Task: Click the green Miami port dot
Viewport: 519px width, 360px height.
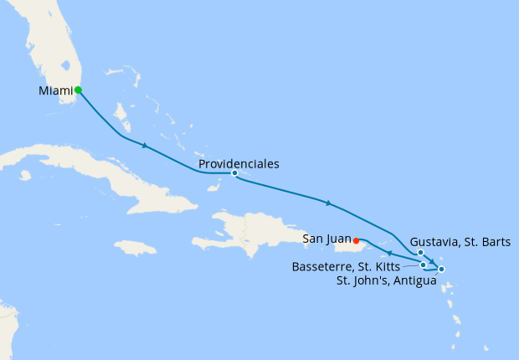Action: [x=78, y=90]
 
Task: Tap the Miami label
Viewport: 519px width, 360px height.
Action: [x=55, y=90]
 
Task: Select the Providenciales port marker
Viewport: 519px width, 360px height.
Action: [x=234, y=173]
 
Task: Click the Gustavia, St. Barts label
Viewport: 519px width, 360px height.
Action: [x=459, y=241]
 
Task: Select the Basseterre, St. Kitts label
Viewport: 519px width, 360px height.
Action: [x=347, y=266]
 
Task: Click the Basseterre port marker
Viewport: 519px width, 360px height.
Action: [x=424, y=265]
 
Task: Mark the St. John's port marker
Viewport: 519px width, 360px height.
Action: [x=441, y=269]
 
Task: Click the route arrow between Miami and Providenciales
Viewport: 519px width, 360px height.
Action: [x=146, y=147]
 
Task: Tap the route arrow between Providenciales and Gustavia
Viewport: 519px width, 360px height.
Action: [x=329, y=203]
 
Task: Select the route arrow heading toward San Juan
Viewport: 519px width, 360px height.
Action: [x=389, y=253]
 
